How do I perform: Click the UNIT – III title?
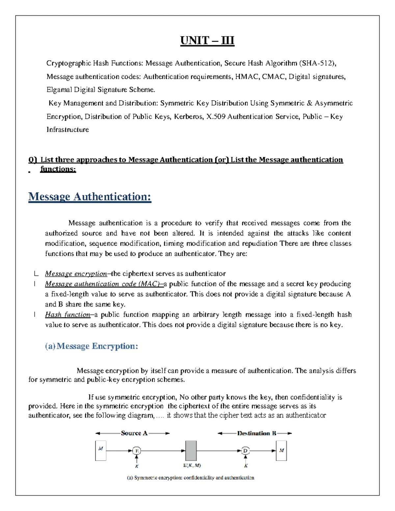click(207, 40)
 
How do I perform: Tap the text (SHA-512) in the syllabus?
click(317, 63)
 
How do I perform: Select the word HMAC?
click(247, 77)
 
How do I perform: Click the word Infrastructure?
click(67, 130)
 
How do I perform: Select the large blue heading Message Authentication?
click(90, 196)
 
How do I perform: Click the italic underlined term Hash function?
click(67, 315)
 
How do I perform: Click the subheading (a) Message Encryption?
click(92, 346)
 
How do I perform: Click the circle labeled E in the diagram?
click(137, 451)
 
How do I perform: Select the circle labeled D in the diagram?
click(245, 451)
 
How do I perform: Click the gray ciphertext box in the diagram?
click(191, 451)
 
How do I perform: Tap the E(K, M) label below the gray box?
click(192, 466)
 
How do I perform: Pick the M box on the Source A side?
click(101, 450)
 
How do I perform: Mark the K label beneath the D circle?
click(246, 466)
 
